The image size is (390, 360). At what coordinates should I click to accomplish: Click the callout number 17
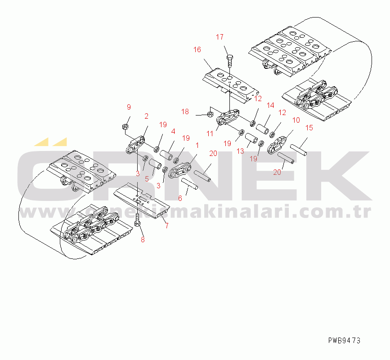(220, 37)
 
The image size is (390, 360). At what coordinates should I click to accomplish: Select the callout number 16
(197, 50)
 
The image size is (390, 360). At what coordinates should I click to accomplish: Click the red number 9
(128, 107)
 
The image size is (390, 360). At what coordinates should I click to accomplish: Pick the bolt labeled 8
(137, 220)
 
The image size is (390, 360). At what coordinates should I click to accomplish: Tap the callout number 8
(143, 240)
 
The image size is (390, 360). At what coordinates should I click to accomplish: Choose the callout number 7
(167, 226)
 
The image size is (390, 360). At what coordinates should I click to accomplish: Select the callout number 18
(185, 111)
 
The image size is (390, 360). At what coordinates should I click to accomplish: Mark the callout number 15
(309, 128)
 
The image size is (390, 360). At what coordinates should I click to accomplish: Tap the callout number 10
(296, 120)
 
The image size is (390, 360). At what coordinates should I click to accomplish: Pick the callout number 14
(270, 105)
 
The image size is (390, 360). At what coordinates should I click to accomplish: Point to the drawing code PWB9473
(344, 340)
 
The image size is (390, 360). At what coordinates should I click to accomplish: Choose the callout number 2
(146, 116)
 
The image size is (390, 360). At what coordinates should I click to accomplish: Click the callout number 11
(210, 133)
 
